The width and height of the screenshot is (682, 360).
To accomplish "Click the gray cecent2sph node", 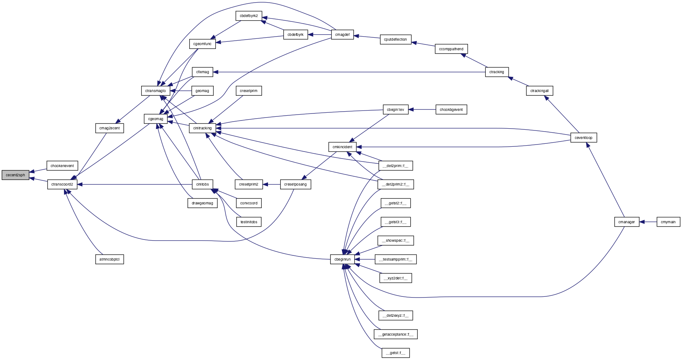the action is (15, 175).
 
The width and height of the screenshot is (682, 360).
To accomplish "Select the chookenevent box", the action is (62, 166).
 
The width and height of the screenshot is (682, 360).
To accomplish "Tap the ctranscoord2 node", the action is (62, 184).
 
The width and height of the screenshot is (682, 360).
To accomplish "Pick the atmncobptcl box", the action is (109, 259).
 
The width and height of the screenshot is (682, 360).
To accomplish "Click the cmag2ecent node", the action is (109, 128).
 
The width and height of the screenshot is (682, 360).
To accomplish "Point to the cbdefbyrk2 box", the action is (249, 16).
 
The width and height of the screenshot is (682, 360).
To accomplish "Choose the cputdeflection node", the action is (396, 40).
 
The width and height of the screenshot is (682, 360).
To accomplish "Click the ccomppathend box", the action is (451, 49).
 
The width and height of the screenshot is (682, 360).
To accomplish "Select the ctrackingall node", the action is (539, 91).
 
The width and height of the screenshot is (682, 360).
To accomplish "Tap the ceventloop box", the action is (584, 138).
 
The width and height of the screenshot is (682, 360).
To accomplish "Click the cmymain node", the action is (668, 222).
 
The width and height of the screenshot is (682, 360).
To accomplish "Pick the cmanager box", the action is (627, 222).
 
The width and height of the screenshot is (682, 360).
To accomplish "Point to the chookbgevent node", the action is (451, 110).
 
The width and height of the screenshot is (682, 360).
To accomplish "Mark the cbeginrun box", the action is (343, 259).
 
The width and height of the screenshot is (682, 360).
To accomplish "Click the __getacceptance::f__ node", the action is (396, 334).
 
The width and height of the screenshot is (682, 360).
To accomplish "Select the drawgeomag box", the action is (202, 203).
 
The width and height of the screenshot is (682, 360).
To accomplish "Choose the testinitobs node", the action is (249, 222).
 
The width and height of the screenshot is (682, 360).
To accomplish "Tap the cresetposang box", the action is (295, 184).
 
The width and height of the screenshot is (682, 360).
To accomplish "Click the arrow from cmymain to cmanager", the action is (648, 222).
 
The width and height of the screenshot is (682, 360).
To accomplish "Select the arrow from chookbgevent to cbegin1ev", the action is (422, 110).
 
